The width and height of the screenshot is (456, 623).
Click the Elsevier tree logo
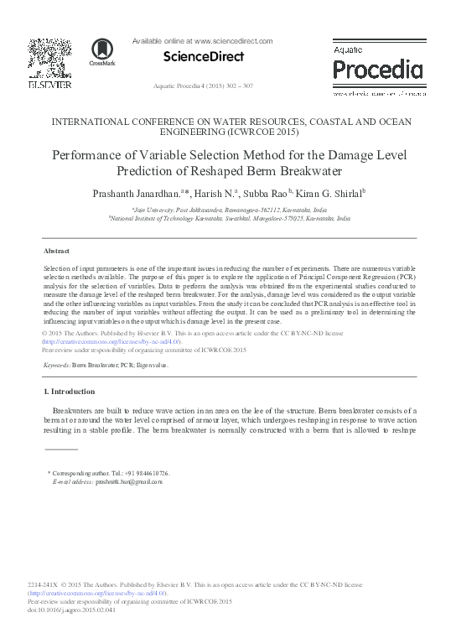[x=50, y=57]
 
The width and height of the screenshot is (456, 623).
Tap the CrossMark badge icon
[x=101, y=52]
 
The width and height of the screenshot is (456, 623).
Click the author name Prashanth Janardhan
[x=142, y=194]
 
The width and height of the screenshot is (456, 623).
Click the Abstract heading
[x=57, y=250]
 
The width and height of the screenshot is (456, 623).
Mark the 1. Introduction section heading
[x=70, y=392]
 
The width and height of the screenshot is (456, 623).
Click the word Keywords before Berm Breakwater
[x=56, y=366]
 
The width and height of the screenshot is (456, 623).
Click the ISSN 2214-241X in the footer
[x=43, y=584]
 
